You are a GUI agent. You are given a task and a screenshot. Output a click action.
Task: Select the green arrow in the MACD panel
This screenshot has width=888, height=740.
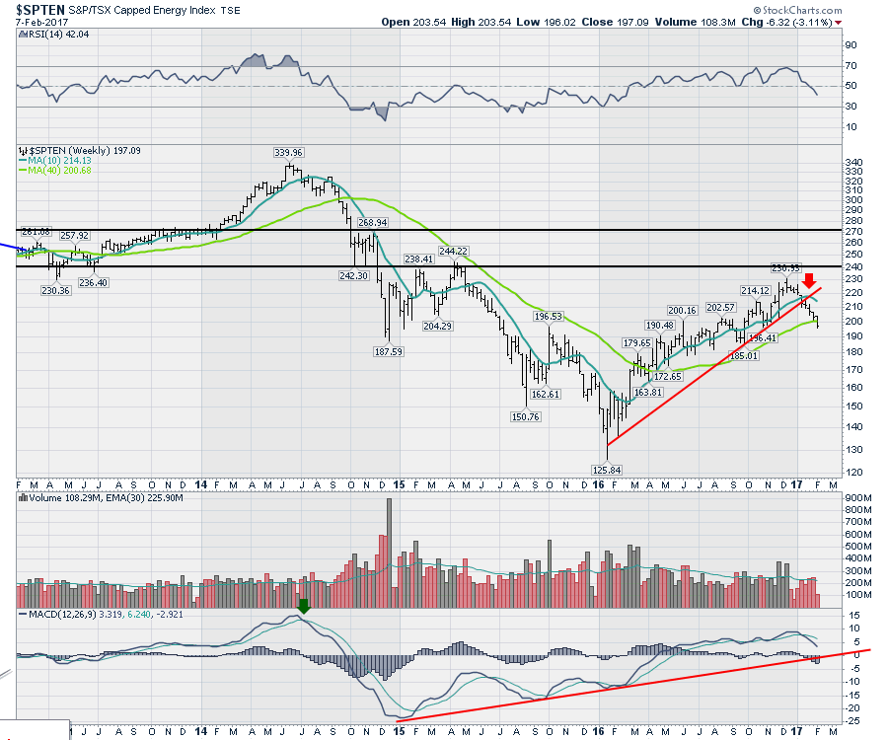pos(304,607)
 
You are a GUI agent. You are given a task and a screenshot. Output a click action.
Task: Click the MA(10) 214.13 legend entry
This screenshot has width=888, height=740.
pos(53,161)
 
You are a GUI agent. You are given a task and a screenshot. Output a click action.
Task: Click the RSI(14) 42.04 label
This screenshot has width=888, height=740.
pos(48,35)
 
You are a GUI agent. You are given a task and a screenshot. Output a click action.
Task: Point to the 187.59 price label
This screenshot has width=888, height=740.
pos(387,351)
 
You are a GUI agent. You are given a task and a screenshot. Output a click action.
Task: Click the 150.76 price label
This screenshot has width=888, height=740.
pos(526,416)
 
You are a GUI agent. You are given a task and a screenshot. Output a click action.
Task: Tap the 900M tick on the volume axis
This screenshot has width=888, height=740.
pos(855,498)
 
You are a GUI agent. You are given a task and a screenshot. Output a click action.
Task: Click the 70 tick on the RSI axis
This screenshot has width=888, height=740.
pos(849,65)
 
